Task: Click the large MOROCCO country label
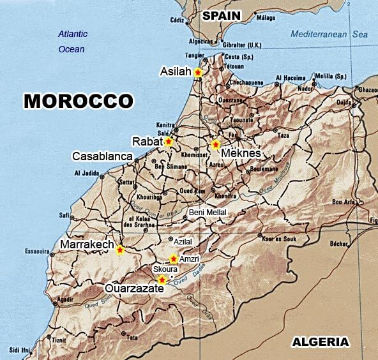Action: pos(79,101)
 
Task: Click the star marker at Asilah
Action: pos(198,73)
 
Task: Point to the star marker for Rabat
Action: pos(169,142)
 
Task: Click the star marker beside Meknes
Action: pos(216,145)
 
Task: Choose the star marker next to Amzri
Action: pos(173,259)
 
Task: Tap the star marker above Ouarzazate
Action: pos(162,280)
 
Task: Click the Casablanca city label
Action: pos(102,156)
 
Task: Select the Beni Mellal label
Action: pos(208,213)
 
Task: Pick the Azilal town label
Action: pos(183,243)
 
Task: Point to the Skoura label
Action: pos(165,270)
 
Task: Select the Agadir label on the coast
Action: pos(64,299)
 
